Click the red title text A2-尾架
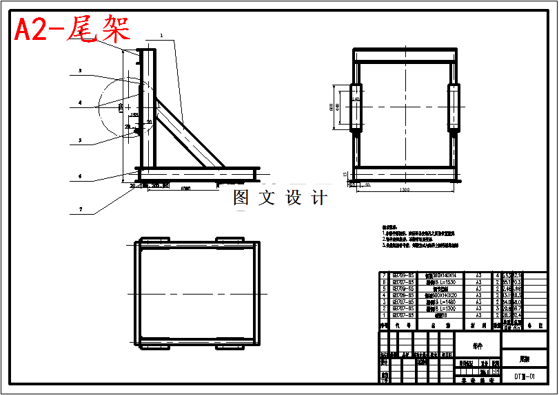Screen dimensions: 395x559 tap(72, 30)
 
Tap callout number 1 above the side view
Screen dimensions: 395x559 tap(161, 34)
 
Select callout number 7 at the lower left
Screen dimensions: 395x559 tap(80, 209)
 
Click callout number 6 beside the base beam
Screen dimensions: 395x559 tap(80, 176)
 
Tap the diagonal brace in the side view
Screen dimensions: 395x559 tap(187, 131)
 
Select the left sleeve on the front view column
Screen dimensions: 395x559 tap(356, 107)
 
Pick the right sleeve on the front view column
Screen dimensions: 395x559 tap(455, 107)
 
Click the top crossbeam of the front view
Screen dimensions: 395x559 tap(405, 54)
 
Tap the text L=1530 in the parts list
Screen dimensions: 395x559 tap(441, 281)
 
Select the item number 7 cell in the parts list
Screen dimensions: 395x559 tap(384, 275)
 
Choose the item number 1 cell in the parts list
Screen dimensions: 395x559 tap(384, 315)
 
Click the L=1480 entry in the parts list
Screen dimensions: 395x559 tap(441, 301)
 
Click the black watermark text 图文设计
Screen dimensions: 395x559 tap(280, 198)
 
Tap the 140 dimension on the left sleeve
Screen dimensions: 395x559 tap(356, 99)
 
